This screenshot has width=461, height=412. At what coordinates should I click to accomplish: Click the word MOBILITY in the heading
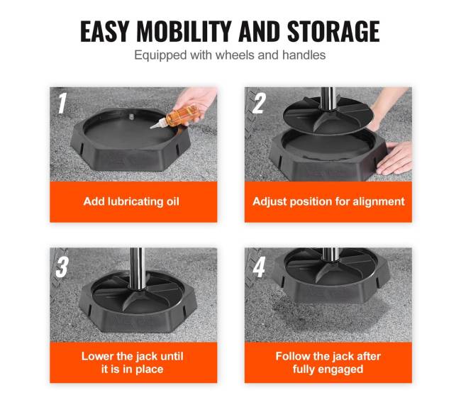184,31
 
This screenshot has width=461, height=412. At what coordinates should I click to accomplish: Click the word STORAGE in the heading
333,31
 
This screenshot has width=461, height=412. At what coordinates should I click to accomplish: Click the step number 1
62,104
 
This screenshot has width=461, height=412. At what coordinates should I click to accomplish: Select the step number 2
259,104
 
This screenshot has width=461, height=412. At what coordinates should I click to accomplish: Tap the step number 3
62,267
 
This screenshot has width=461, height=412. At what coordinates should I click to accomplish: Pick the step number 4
260,267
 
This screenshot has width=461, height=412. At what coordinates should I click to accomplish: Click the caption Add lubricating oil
131,201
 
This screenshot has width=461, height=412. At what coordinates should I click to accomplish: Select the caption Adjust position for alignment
328,201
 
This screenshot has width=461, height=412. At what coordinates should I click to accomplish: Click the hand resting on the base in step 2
394,158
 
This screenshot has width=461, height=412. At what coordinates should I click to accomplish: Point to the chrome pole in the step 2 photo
328,99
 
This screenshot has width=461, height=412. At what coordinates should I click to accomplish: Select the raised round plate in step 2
328,116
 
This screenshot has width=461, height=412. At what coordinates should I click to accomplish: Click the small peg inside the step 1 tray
131,116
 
